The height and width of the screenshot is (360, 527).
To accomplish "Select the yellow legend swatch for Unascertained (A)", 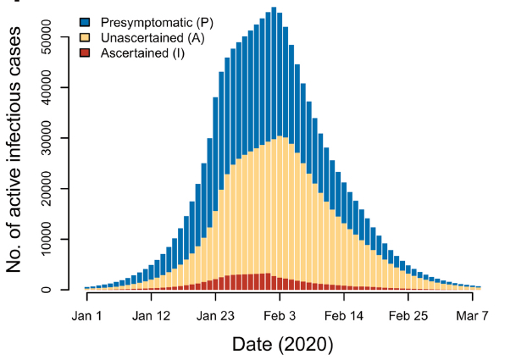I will pos(85,37).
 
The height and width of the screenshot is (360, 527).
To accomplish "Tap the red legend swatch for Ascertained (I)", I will pos(85,53).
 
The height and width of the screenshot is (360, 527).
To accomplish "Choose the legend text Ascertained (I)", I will pos(142,53).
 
